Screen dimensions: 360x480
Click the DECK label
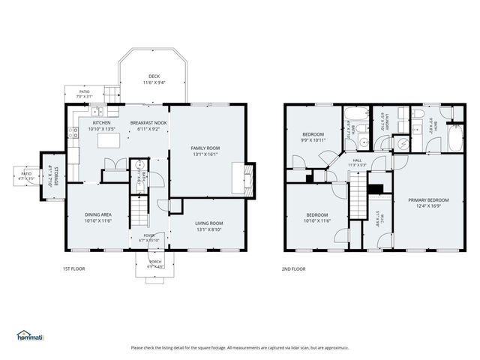pos(154,76)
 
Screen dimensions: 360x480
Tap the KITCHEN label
pos(101,122)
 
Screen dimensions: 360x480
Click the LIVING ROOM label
pos(209,223)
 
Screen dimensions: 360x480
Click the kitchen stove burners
pos(74,134)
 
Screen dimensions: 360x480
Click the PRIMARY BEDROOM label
pos(428,199)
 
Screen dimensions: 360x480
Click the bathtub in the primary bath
pos(454,139)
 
